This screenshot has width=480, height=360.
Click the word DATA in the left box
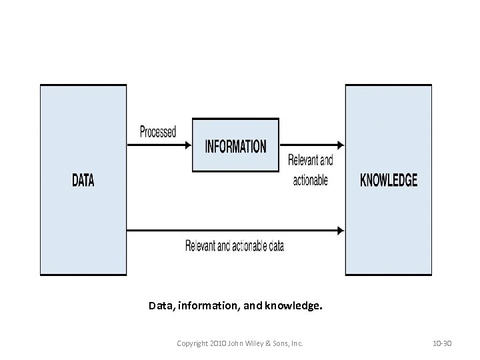click(x=83, y=180)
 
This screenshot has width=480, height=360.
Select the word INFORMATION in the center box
click(x=235, y=146)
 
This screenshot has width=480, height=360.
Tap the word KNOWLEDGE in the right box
click(x=389, y=180)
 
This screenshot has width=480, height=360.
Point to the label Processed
click(x=158, y=132)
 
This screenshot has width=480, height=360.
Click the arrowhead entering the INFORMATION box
click(x=188, y=145)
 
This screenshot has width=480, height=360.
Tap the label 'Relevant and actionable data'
click(x=235, y=246)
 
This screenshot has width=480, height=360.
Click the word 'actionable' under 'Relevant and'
click(x=311, y=181)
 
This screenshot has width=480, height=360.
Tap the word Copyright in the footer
click(x=192, y=343)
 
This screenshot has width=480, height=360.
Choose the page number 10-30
click(x=442, y=343)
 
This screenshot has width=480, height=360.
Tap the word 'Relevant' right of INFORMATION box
click(x=302, y=161)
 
